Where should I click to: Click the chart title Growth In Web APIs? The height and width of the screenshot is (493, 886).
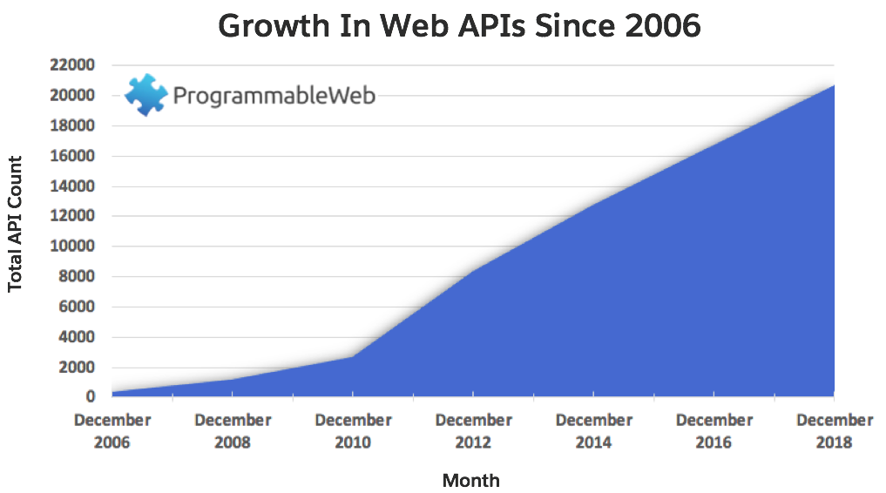pyautogui.click(x=459, y=26)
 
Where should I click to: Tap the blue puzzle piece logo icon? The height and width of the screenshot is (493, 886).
pyautogui.click(x=145, y=95)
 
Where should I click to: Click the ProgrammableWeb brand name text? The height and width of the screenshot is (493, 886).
pyautogui.click(x=274, y=95)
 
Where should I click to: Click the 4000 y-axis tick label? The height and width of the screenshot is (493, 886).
pyautogui.click(x=77, y=337)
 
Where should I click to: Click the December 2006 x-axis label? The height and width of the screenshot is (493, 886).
pyautogui.click(x=112, y=431)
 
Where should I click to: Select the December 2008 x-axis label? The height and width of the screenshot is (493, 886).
pyautogui.click(x=233, y=431)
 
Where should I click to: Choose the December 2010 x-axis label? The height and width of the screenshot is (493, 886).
pyautogui.click(x=353, y=431)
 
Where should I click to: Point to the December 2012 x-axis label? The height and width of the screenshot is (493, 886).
pyautogui.click(x=473, y=431)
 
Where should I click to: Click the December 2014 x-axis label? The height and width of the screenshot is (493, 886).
pyautogui.click(x=593, y=431)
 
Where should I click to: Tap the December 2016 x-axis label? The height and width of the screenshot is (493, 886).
pyautogui.click(x=714, y=431)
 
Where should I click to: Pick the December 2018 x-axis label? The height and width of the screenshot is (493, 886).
pyautogui.click(x=834, y=431)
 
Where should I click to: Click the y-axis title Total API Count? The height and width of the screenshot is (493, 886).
pyautogui.click(x=15, y=224)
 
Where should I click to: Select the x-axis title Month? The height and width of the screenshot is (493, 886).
pyautogui.click(x=471, y=480)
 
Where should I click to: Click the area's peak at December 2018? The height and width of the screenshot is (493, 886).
pyautogui.click(x=834, y=85)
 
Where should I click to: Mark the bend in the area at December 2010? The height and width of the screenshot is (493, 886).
pyautogui.click(x=353, y=356)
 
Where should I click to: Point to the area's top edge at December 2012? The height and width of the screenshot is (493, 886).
pyautogui.click(x=473, y=271)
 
